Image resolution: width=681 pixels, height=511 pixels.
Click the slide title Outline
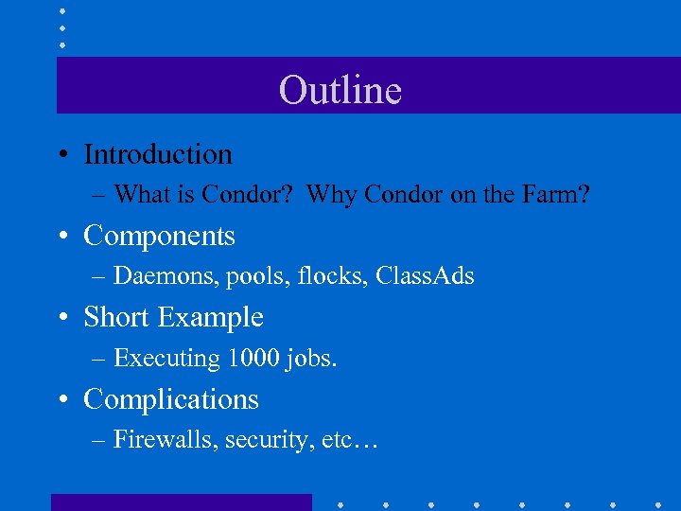(x=340, y=91)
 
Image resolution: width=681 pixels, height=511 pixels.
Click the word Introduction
(x=158, y=154)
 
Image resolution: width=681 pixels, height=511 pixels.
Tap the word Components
(x=159, y=236)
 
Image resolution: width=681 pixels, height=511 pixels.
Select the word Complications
(x=171, y=399)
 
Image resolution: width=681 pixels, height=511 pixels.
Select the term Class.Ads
(x=425, y=276)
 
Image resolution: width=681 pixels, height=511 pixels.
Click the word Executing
(x=166, y=359)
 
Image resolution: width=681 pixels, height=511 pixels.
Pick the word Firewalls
(x=165, y=440)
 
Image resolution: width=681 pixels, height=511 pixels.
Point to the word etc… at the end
(x=349, y=441)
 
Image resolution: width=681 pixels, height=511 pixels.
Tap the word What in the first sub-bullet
(x=140, y=195)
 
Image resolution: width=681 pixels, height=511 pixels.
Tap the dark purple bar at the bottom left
(x=181, y=502)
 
